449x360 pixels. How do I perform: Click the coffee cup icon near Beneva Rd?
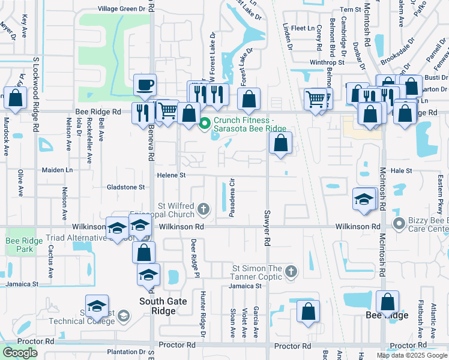[144, 85]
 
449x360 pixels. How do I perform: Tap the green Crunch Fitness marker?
[204, 124]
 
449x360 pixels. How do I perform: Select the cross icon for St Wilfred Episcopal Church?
[203, 209]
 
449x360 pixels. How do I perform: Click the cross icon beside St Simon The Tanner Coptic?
[291, 271]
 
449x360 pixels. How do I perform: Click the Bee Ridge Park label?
[19, 245]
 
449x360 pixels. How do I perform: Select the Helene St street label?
[172, 175]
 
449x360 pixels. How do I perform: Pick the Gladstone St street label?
[125, 187]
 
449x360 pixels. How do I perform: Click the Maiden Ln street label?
[56, 170]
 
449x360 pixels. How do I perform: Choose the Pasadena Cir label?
[231, 197]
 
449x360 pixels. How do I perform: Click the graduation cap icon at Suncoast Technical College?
[97, 307]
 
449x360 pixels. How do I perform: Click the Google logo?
[20, 352]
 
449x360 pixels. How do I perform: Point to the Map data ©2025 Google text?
[411, 355]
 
